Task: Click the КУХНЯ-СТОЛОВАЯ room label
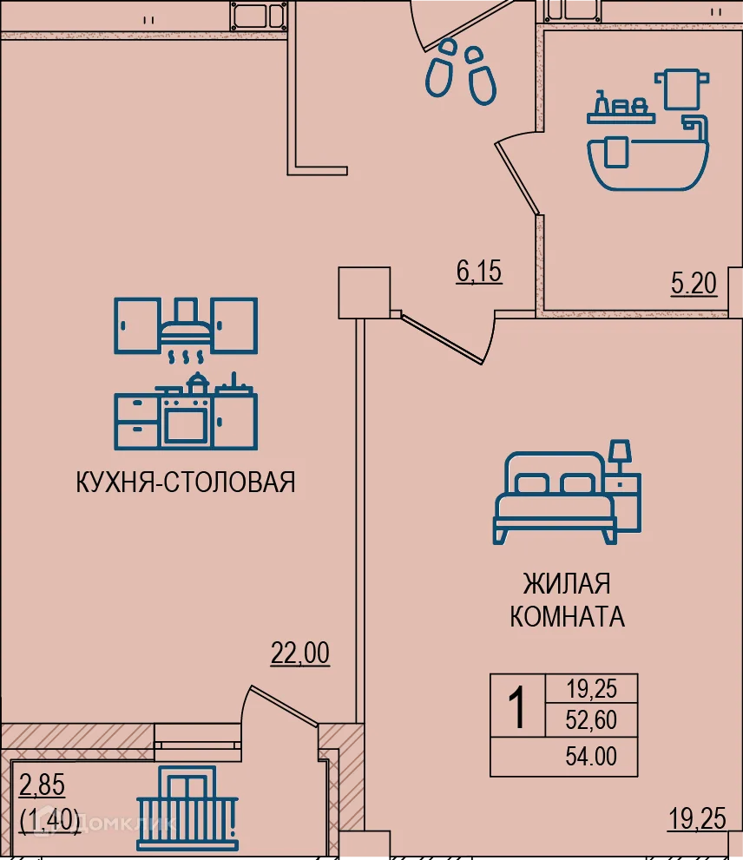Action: click(x=186, y=482)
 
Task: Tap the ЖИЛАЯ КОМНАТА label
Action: click(x=567, y=600)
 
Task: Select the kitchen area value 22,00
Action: click(x=300, y=653)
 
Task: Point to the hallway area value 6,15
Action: click(x=479, y=272)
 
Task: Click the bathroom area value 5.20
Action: click(x=694, y=283)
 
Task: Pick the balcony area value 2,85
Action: click(x=42, y=789)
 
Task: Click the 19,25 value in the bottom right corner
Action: click(x=697, y=817)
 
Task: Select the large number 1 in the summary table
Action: click(x=517, y=707)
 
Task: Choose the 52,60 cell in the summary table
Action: click(x=591, y=719)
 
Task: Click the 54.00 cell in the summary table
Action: click(x=591, y=757)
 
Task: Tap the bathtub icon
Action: click(x=648, y=161)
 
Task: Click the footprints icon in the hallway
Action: click(x=460, y=69)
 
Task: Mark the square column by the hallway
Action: click(x=363, y=292)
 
